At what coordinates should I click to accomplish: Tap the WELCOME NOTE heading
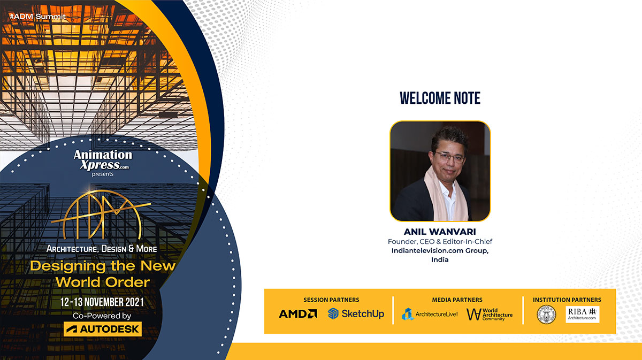click(440, 98)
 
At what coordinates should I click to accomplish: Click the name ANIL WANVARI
click(439, 233)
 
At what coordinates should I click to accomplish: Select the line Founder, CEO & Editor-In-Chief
click(439, 242)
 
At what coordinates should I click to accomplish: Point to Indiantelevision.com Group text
click(439, 250)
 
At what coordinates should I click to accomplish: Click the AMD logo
click(298, 314)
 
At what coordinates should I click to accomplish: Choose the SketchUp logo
click(356, 314)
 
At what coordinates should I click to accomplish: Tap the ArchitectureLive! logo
click(430, 314)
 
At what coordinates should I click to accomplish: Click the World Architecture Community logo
click(489, 314)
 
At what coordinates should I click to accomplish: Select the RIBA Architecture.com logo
click(582, 314)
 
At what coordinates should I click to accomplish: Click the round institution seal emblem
click(546, 314)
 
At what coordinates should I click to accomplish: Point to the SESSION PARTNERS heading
click(331, 300)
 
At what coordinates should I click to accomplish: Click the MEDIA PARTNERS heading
click(457, 300)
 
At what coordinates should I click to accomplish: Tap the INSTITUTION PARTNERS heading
click(567, 300)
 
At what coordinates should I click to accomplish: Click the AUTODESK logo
click(103, 329)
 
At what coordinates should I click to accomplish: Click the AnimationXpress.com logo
click(103, 159)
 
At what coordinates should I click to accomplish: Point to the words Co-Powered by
click(102, 316)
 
